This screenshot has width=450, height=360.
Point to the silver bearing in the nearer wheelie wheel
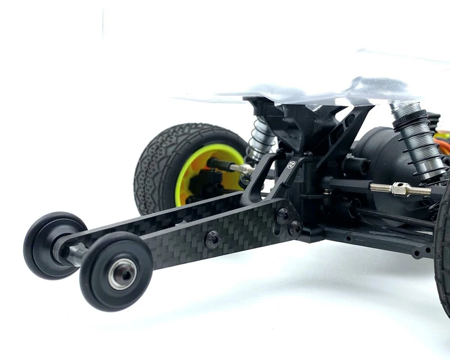pyautogui.click(x=122, y=274)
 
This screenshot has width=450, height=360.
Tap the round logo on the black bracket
pyautogui.click(x=291, y=165)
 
